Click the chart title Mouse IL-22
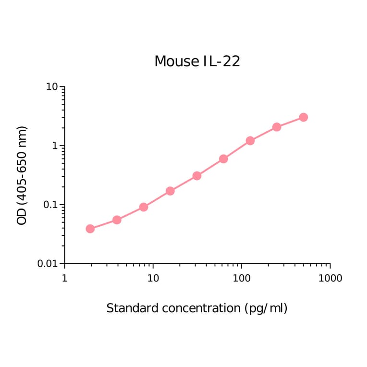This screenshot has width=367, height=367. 197,61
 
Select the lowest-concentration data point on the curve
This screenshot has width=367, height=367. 90,229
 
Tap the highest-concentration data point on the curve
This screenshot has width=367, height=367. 303,117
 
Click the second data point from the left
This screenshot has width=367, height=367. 117,220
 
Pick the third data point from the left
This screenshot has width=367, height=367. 143,207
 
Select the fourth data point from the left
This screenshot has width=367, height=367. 170,191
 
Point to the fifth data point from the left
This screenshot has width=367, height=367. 196,176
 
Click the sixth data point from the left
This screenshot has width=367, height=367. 223,159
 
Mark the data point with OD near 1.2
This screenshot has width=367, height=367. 250,141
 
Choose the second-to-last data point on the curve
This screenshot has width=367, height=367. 277,127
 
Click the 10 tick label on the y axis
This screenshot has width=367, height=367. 52,87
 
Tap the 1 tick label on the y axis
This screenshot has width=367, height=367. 55,146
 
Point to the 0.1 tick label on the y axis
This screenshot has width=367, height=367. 49,205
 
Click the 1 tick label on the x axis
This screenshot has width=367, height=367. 65,279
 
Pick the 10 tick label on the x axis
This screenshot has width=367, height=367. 153,279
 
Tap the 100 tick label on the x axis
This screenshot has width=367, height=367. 242,279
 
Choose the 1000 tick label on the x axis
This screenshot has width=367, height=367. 330,279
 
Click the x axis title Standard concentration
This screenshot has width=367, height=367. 197,308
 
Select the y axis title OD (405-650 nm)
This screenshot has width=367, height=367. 22,175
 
